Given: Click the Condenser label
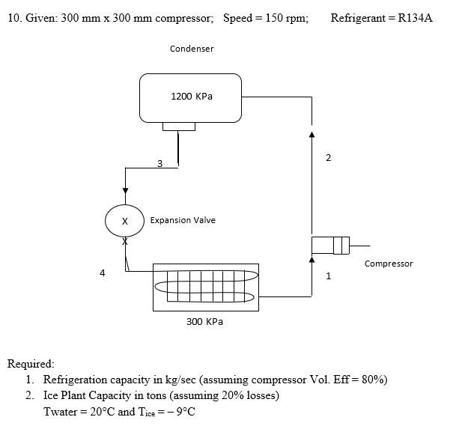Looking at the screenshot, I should coord(192,49).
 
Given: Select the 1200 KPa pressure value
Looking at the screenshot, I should coord(192,97).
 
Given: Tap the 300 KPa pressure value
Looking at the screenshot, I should coord(204,321).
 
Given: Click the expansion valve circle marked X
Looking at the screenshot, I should coord(125,221).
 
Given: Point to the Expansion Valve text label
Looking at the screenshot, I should coord(183,220).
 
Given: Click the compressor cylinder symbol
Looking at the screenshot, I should coord(330,245).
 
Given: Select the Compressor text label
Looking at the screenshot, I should coord(388,264).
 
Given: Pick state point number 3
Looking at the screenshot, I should coord(159,163).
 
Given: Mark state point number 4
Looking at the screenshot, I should coord(102,273).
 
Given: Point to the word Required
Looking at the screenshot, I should coord(30,364).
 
